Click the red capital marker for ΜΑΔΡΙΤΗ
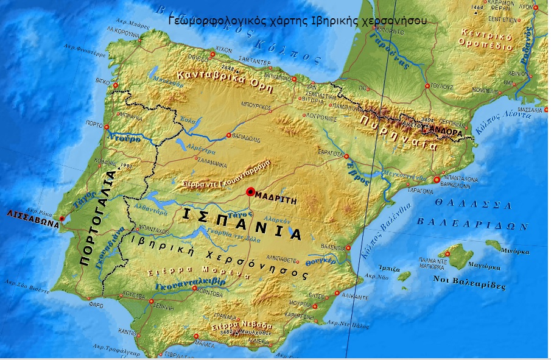pyautogui.click(x=250, y=192)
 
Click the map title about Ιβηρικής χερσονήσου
pyautogui.click(x=297, y=19)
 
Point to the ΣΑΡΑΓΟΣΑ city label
pyautogui.click(x=332, y=155)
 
